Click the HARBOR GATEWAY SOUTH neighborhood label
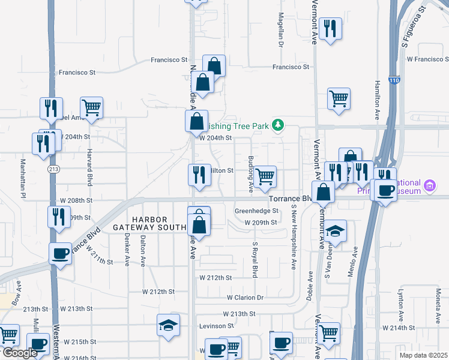point(148,223)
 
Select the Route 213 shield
point(53,170)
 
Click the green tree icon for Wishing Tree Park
point(277,125)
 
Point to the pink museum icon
point(429,186)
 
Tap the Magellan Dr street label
point(280,30)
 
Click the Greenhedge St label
point(256,211)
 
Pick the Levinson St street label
point(214,326)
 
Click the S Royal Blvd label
point(255,259)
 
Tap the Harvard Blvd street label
point(89,167)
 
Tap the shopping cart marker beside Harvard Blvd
point(91,108)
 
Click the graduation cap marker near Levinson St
point(169,325)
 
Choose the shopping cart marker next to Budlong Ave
point(265,177)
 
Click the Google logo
point(19,353)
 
